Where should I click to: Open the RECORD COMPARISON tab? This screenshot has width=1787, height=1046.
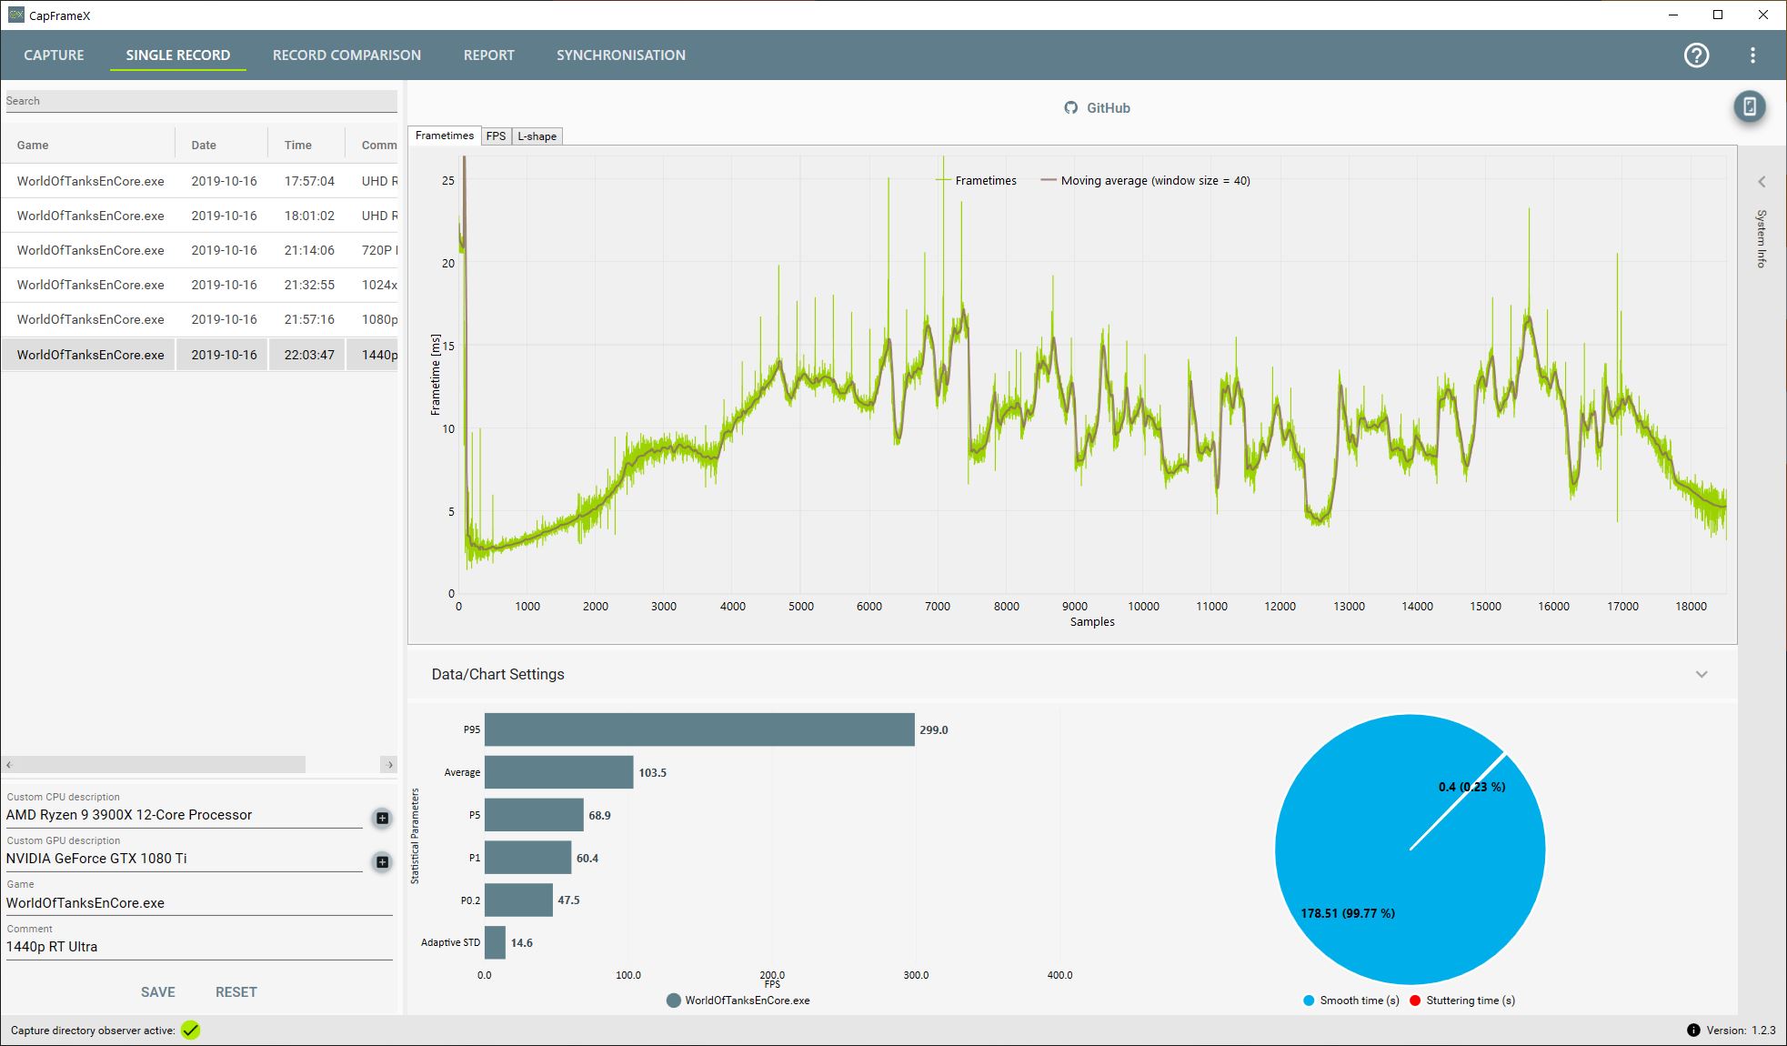(346, 55)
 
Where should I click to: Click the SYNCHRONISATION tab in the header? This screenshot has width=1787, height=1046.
(620, 55)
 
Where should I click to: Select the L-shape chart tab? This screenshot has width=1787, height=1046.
(537, 136)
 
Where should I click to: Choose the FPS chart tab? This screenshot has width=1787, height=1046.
(496, 136)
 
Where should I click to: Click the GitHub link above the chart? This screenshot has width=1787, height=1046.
(1098, 108)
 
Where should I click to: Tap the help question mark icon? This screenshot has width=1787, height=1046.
(1696, 55)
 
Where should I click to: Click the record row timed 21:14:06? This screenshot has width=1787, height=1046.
(200, 250)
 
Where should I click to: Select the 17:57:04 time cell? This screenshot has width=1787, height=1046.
(309, 181)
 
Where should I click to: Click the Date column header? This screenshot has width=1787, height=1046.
(204, 146)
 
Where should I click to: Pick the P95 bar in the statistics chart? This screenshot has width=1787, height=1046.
(698, 729)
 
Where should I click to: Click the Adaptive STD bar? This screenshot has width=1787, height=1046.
(495, 942)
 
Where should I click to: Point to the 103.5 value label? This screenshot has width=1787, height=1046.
(652, 773)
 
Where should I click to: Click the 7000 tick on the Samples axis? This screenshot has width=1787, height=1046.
(938, 607)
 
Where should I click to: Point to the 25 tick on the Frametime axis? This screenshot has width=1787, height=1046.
(447, 181)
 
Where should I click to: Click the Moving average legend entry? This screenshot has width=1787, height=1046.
(1146, 181)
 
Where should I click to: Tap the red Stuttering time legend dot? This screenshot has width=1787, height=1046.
(1415, 1001)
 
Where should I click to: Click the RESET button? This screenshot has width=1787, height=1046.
(236, 992)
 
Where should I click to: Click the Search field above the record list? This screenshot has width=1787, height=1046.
(200, 101)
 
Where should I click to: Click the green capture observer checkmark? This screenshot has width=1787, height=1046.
(190, 1031)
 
